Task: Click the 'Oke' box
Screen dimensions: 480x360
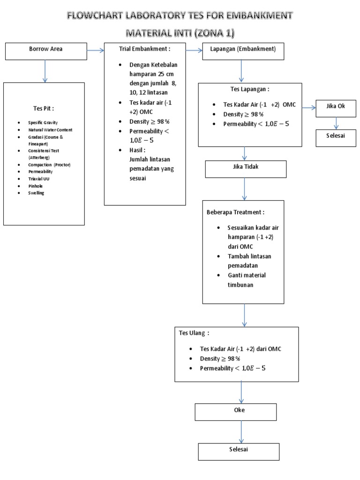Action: tap(235, 411)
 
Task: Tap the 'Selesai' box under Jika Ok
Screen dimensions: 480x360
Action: tap(336, 137)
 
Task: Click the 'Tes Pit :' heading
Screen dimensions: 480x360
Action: tap(43, 108)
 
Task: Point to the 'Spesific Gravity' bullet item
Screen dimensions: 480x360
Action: tap(43, 122)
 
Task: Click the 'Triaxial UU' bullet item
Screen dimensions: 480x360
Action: tap(39, 179)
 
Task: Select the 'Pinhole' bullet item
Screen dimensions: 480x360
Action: tap(36, 186)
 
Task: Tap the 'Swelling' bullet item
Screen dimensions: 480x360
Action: tap(36, 193)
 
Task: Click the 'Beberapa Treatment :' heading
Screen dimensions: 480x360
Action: tap(232, 212)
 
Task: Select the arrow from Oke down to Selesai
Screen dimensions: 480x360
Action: tap(241, 431)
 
